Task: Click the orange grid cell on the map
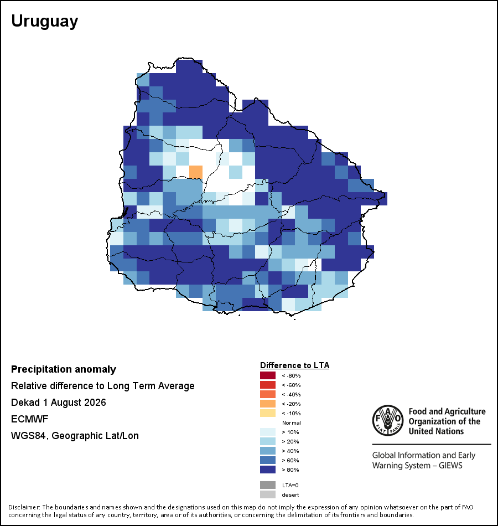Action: tap(196, 172)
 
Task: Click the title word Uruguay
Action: tap(45, 22)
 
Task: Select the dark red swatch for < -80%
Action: tap(268, 375)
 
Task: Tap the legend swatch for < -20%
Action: tap(268, 404)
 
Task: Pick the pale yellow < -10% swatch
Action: tap(268, 413)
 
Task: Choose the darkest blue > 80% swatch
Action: tap(268, 470)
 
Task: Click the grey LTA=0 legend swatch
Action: tap(268, 485)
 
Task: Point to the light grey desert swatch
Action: tap(268, 494)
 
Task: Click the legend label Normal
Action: tap(292, 422)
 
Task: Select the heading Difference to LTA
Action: tap(294, 365)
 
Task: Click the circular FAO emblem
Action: tap(388, 420)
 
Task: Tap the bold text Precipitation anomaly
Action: tap(64, 369)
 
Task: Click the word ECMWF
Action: tap(30, 419)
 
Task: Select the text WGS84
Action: tap(28, 436)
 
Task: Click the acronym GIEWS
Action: tap(451, 466)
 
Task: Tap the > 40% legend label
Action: tap(290, 451)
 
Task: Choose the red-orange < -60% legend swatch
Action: tap(268, 385)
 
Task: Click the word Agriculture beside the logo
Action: tap(464, 411)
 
